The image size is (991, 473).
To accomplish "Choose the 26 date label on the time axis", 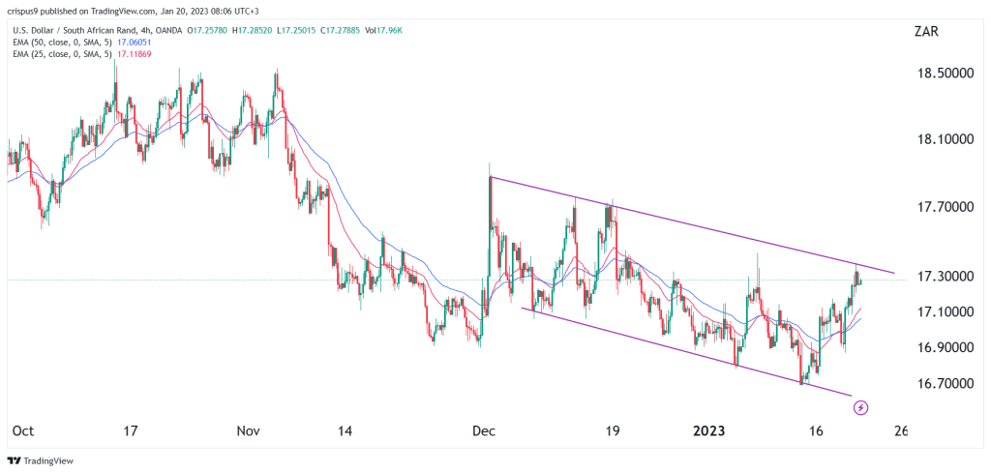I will tap(899, 430).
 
